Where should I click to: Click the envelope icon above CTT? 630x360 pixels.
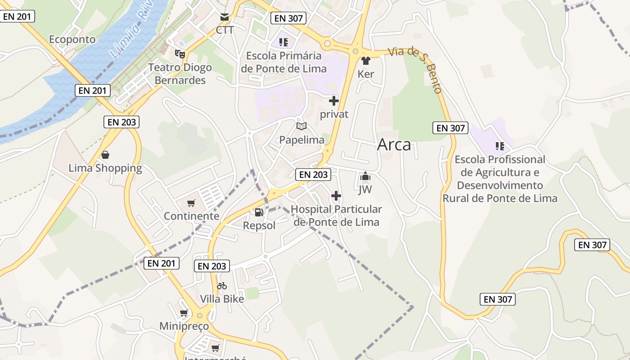click(x=225, y=18)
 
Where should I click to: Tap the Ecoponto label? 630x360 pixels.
click(x=72, y=40)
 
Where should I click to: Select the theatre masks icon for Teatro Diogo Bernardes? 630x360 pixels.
click(x=180, y=54)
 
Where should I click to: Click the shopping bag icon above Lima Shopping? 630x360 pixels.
click(x=105, y=155)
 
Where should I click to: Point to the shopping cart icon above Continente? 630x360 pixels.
click(x=191, y=203)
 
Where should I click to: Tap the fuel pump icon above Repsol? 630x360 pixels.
click(x=259, y=212)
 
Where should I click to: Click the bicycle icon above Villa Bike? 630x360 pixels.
click(x=222, y=286)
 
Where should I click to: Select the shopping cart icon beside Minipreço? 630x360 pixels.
click(x=184, y=313)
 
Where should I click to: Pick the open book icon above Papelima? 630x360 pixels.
click(x=301, y=126)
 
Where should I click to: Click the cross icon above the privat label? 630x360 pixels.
click(x=334, y=101)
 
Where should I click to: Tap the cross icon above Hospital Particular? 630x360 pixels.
click(x=336, y=196)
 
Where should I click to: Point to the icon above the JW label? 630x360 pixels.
click(x=365, y=176)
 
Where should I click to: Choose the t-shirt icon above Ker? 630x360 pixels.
click(x=365, y=61)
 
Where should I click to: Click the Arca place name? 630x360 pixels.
click(x=394, y=144)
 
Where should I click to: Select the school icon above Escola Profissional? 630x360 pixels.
click(x=499, y=146)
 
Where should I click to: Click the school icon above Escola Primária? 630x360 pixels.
click(x=283, y=43)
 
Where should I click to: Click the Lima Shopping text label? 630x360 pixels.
click(x=105, y=168)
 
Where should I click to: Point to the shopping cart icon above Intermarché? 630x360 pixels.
click(x=216, y=348)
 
